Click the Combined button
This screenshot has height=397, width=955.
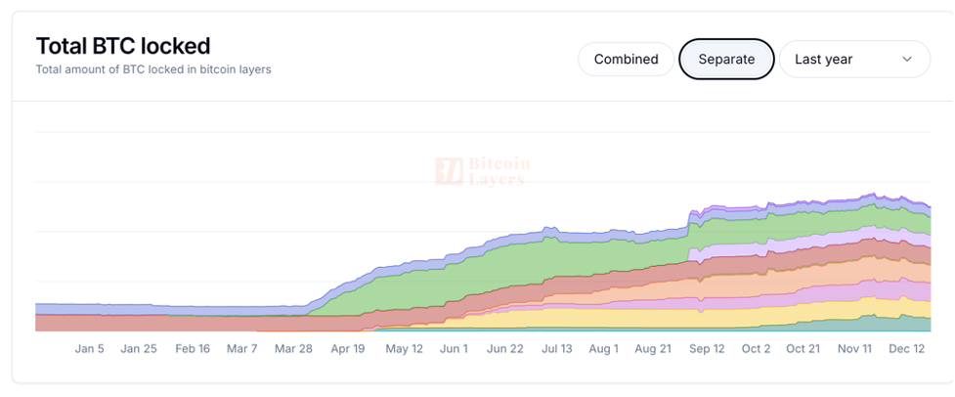626,59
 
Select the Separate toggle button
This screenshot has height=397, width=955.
726,59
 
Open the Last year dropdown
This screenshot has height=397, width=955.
853,59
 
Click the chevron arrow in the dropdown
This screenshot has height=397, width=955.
907,59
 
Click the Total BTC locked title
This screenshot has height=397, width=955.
123,45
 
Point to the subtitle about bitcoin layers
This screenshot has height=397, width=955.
153,69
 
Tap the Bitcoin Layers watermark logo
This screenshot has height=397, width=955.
483,171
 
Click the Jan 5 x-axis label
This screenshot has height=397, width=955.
89,348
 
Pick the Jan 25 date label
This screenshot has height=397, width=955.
138,348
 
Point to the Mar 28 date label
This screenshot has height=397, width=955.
293,348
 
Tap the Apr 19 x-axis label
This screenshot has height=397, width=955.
347,348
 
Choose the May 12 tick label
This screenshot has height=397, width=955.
404,348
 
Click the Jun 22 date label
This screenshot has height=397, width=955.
505,348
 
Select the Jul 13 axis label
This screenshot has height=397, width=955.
556,348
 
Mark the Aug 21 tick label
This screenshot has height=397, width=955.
652,348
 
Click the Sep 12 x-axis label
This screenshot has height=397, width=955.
706,348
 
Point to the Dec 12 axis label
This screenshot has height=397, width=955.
906,348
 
